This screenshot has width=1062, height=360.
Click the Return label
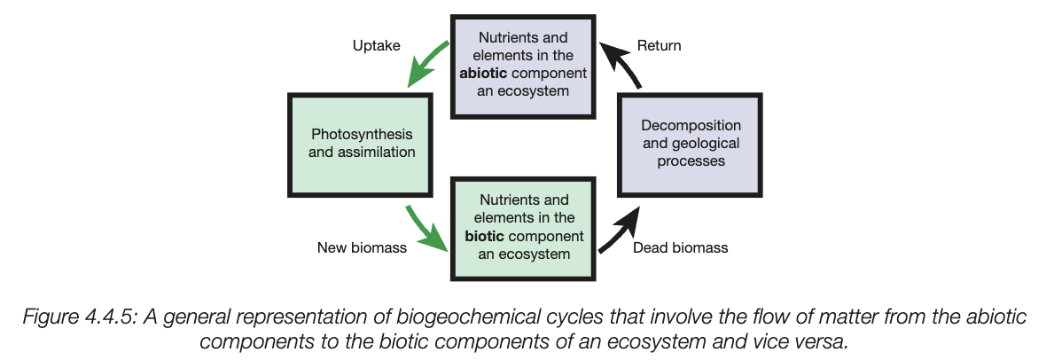coord(659,45)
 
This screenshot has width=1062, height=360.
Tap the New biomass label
coord(362,247)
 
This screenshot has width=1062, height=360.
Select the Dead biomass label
coord(680,247)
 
